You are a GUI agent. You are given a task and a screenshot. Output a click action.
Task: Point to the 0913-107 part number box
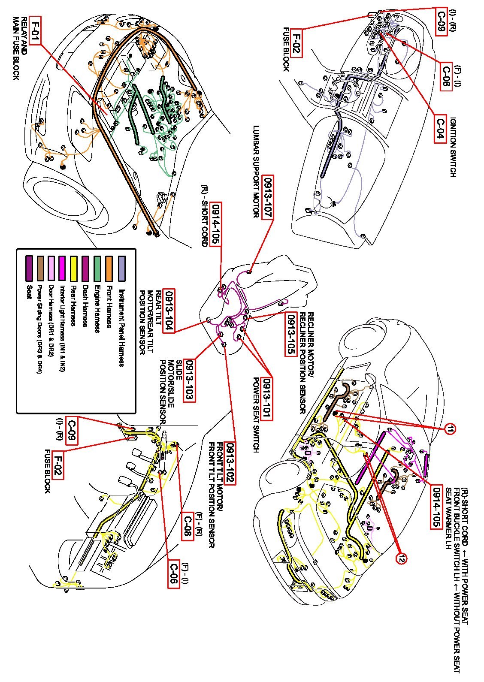(x=268, y=198)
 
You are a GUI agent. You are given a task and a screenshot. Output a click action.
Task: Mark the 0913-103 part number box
(x=189, y=380)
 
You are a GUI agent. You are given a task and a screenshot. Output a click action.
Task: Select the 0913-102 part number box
(x=230, y=463)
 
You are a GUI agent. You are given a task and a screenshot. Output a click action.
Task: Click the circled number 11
(x=450, y=429)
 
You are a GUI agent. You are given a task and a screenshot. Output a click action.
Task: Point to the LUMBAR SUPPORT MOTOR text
(x=256, y=172)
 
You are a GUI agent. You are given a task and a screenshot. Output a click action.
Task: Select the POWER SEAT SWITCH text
(x=256, y=415)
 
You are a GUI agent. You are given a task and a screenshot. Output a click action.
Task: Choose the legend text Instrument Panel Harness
(x=121, y=328)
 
